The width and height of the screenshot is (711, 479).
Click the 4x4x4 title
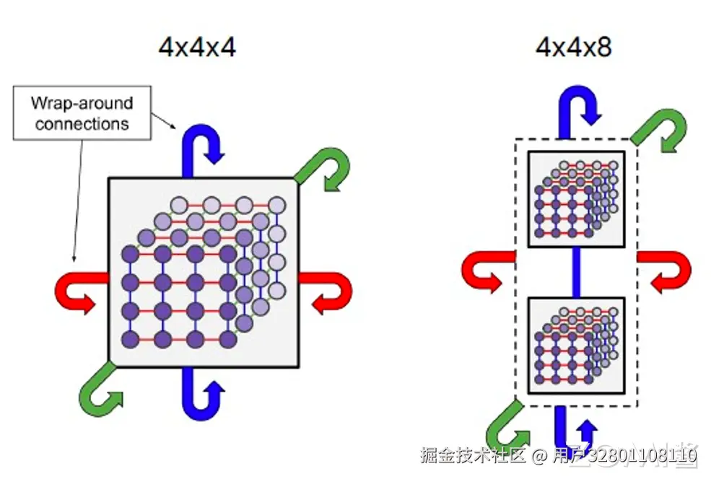(x=197, y=48)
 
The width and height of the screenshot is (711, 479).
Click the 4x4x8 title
(x=574, y=48)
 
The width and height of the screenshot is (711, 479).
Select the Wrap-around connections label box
(x=82, y=113)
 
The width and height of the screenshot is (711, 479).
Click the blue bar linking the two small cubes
(x=575, y=272)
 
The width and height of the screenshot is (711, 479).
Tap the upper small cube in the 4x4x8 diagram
(x=575, y=198)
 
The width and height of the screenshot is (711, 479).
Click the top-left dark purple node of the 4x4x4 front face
(x=130, y=254)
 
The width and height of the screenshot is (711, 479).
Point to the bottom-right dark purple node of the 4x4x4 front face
(x=229, y=339)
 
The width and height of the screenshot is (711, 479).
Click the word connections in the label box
(x=82, y=123)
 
